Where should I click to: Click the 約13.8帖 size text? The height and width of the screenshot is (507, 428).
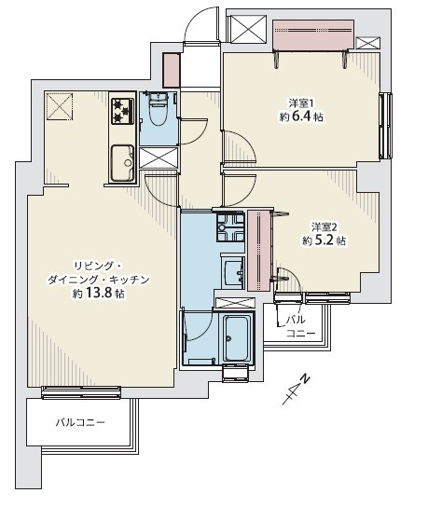pos(99,294)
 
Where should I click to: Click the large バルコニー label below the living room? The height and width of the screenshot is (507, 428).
pos(79,422)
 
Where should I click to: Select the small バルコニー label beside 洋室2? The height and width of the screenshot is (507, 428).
pos(297,326)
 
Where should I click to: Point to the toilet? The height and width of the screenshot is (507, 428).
pos(158,111)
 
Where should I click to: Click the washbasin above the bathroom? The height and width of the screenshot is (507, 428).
pos(233,272)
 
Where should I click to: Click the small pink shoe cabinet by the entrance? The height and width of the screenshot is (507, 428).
pos(172,71)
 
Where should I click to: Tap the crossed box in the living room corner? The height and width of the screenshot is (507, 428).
pos(60,107)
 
